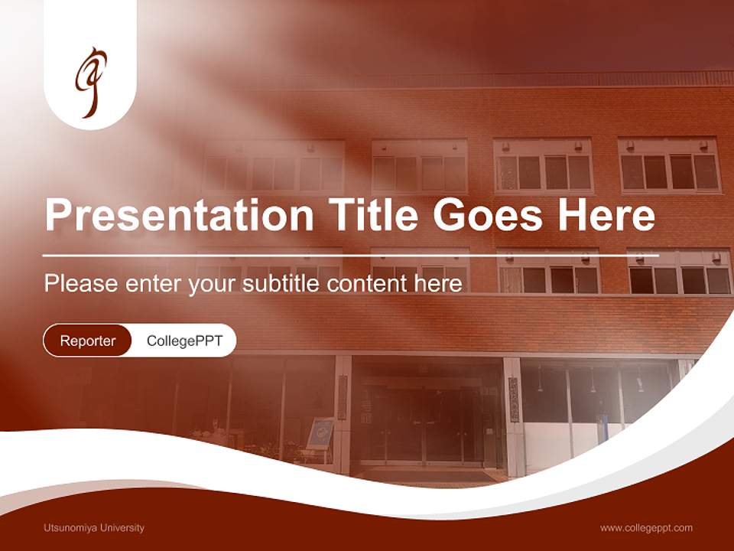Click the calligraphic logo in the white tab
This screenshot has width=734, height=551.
point(90,82)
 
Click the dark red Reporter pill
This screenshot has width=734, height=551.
point(88,341)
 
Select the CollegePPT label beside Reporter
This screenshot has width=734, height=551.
point(184,341)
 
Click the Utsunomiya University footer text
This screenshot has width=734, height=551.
point(94,528)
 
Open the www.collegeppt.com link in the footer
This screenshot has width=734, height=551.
point(646,528)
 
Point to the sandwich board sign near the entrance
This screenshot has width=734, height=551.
point(320,434)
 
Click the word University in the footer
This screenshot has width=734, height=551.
point(118,528)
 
